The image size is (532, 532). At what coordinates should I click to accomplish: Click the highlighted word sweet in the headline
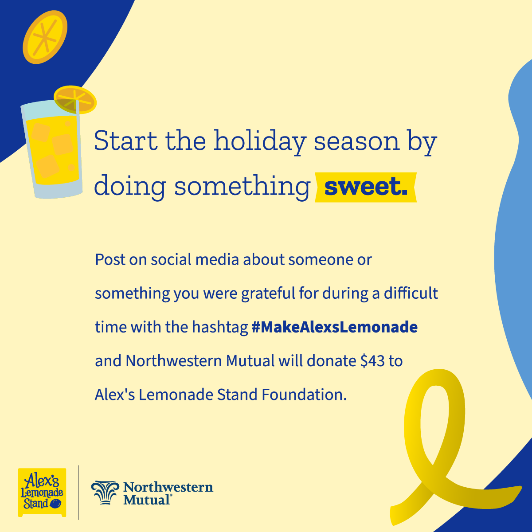coord(365,187)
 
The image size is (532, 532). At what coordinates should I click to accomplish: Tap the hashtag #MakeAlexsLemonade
coord(335,327)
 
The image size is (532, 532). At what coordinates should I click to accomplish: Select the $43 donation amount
coord(372,360)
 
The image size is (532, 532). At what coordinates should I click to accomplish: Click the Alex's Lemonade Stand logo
coord(42,492)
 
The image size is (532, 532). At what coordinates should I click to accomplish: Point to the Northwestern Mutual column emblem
coord(105,493)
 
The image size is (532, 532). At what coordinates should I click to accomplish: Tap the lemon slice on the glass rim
coord(75,99)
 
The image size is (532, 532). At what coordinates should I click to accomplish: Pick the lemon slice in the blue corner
coord(45,37)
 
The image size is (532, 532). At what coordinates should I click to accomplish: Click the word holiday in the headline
coord(260,141)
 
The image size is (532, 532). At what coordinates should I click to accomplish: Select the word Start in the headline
coord(126,141)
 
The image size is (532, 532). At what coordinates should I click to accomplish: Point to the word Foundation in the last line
coord(304,395)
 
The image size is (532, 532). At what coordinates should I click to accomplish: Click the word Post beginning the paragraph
coord(110,259)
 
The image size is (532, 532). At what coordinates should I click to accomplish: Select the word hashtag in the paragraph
coord(220,328)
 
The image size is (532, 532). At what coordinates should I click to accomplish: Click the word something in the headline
coord(243,187)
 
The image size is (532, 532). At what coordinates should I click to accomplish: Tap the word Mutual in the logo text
coord(147,500)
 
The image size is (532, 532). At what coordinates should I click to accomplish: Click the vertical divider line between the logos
coord(78,492)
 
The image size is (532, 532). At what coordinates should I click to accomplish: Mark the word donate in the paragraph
coord(331,360)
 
